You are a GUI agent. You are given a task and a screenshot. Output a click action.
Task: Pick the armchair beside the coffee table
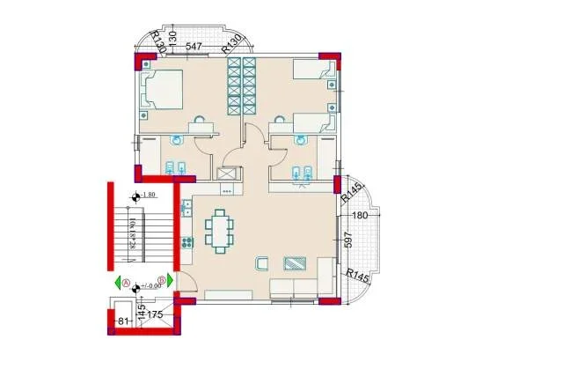pyautogui.click(x=261, y=262)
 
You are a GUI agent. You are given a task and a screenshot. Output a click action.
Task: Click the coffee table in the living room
pyautogui.click(x=295, y=262)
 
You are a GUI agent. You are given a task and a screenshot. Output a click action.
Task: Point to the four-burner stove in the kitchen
pyautogui.click(x=186, y=243)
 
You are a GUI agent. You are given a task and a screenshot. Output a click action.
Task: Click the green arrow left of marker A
pyautogui.click(x=117, y=283)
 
